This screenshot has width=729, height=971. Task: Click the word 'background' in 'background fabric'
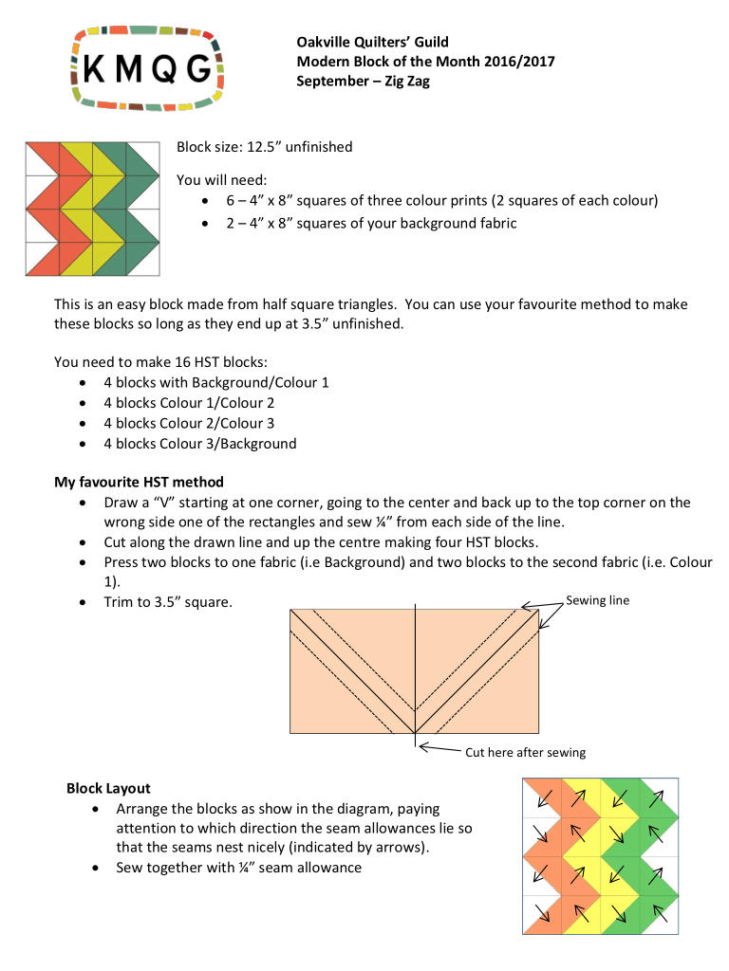click(434, 223)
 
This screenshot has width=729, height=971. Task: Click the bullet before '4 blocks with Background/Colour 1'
click(86, 383)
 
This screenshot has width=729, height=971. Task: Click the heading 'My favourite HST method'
click(139, 482)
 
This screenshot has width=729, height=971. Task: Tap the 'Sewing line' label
click(597, 600)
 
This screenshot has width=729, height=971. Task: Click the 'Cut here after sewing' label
click(525, 752)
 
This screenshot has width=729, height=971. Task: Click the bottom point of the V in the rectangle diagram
click(415, 732)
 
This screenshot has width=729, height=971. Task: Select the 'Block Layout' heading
click(108, 788)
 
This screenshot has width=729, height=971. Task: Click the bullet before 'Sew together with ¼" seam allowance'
click(99, 868)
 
